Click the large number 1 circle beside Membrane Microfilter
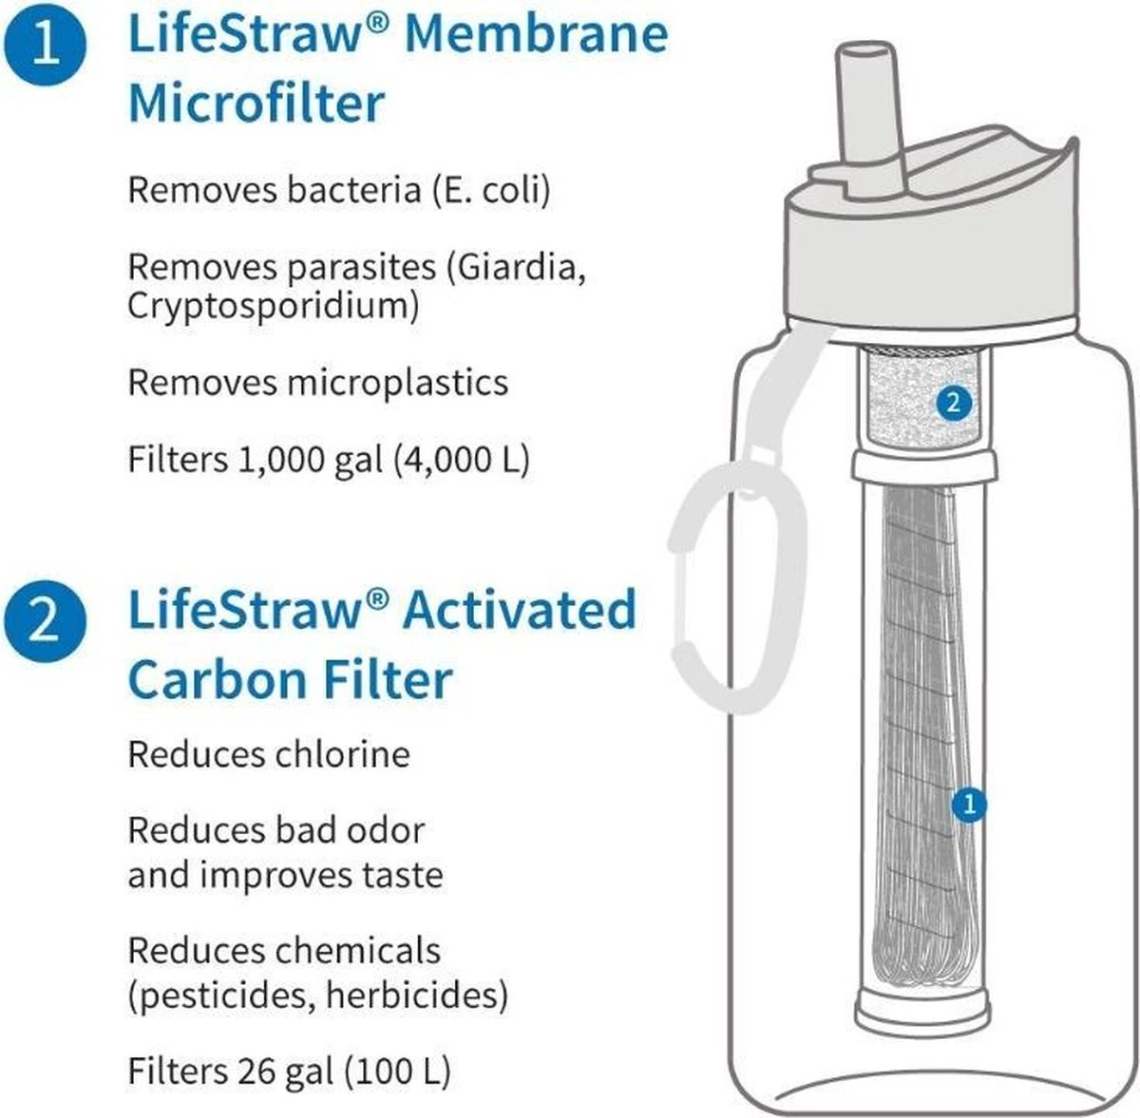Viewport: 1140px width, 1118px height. click(x=46, y=45)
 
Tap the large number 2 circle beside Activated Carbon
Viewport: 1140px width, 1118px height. click(x=46, y=620)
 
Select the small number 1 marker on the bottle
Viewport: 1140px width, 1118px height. click(x=968, y=805)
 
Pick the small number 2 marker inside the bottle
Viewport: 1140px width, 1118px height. click(x=954, y=404)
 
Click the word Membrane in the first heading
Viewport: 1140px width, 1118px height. click(x=536, y=34)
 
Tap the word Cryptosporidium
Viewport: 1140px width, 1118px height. click(x=274, y=308)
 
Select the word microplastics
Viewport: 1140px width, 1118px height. click(x=397, y=384)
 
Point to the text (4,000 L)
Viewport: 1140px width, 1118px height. click(x=462, y=459)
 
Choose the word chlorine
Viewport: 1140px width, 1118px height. click(x=343, y=755)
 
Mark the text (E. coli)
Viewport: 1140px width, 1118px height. click(x=491, y=191)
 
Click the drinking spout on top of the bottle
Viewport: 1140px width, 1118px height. click(x=873, y=119)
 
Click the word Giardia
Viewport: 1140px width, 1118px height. click(x=515, y=267)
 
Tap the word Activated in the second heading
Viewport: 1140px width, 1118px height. click(x=519, y=610)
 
